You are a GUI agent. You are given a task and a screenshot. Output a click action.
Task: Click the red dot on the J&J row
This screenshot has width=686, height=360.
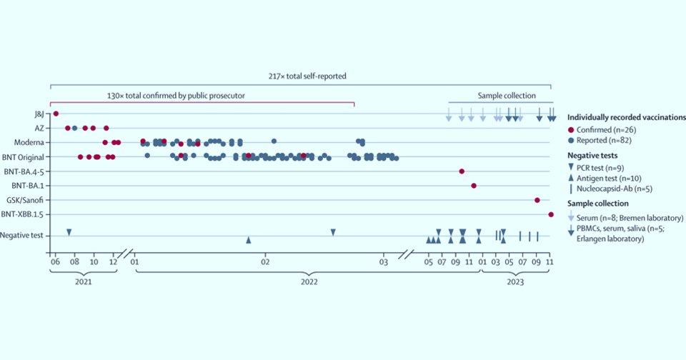click(56, 114)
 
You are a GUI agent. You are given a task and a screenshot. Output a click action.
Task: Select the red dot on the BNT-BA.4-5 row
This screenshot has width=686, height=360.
click(462, 171)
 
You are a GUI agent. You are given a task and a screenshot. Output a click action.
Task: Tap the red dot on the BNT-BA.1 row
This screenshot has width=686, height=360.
click(473, 186)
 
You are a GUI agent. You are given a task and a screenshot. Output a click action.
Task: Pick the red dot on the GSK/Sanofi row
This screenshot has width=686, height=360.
click(537, 200)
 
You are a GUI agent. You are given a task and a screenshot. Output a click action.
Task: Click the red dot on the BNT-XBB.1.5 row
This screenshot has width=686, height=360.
click(550, 214)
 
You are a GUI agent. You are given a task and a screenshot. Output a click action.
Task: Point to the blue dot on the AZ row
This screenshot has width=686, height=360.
click(74, 128)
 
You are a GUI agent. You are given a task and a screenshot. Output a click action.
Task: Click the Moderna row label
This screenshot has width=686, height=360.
click(30, 142)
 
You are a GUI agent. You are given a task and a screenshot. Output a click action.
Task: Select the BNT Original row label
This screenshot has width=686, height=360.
click(24, 156)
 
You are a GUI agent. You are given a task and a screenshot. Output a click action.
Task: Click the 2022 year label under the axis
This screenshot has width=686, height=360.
click(308, 281)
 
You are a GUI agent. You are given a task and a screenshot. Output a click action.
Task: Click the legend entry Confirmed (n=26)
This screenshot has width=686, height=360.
click(604, 129)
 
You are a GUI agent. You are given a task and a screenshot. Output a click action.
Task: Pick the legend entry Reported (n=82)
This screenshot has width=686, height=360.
click(602, 141)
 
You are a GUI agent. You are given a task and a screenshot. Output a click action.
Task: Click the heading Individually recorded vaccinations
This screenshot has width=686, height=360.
click(626, 116)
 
